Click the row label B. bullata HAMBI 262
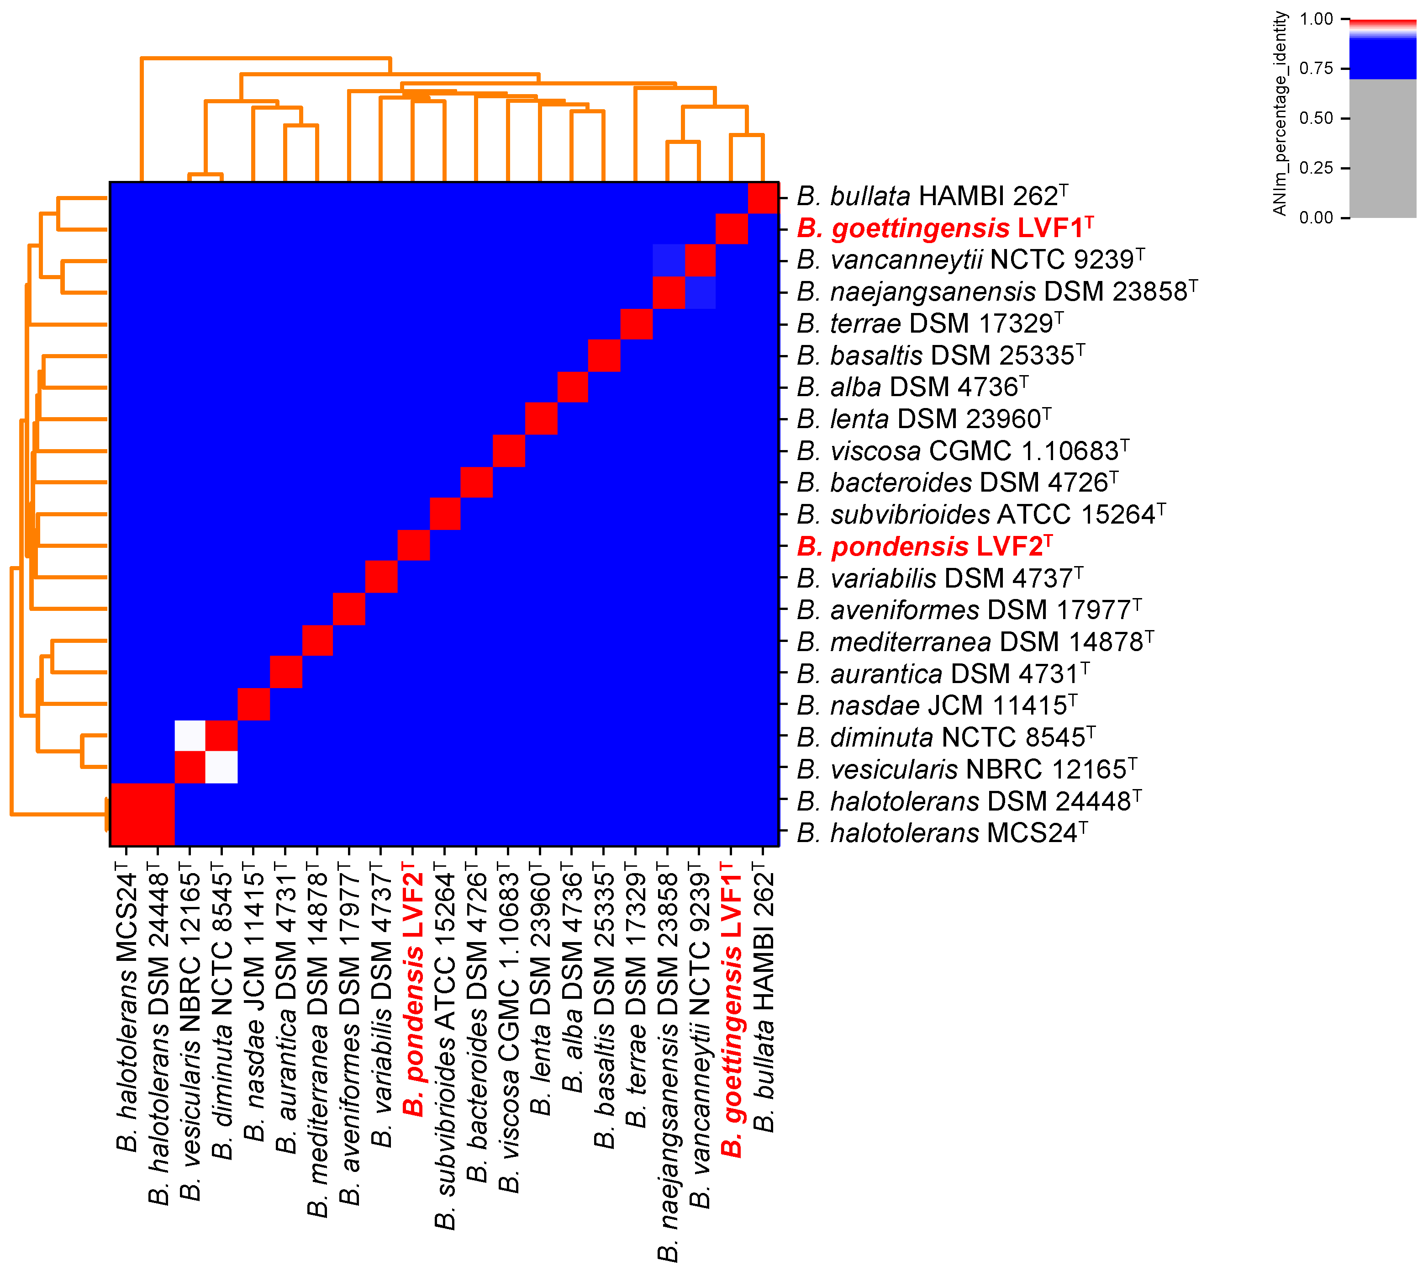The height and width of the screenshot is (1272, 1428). [932, 196]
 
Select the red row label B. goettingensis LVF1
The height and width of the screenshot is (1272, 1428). [944, 228]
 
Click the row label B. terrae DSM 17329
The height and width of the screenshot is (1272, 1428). [929, 323]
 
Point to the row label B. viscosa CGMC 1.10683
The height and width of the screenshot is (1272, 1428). [962, 451]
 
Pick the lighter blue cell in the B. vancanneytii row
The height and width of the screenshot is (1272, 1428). [669, 260]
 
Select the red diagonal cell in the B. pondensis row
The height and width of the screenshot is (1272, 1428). [414, 545]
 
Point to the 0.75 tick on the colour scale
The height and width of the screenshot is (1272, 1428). [1344, 69]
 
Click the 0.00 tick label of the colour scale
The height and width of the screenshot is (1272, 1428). [1316, 218]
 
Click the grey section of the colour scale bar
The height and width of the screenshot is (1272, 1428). [1383, 147]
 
